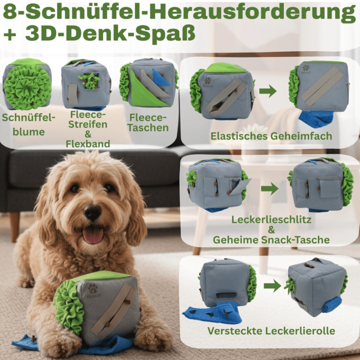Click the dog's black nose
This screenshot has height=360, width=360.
tap(93, 212)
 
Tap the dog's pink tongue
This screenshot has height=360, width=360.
tap(93, 235)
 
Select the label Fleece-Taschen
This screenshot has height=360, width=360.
tap(148, 122)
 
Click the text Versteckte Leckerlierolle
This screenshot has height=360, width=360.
tap(271, 331)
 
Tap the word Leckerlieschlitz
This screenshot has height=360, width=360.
tap(271, 220)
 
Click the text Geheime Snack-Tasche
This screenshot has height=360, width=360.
tap(271, 240)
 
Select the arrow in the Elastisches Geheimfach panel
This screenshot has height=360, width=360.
tap(268, 91)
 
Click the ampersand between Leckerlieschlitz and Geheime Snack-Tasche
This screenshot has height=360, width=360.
tap(271, 230)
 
